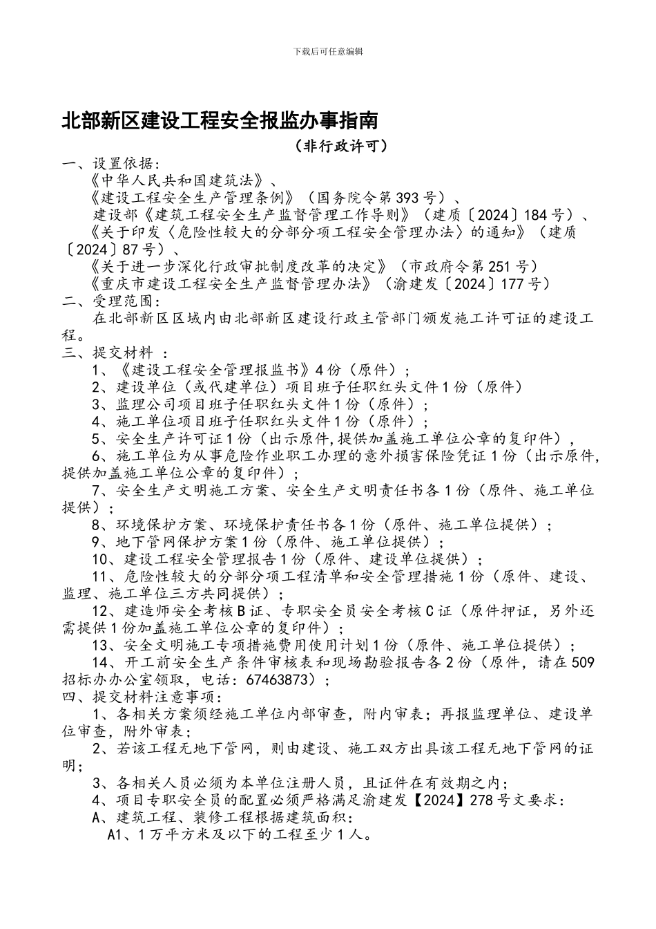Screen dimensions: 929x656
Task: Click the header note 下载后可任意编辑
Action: pos(328,52)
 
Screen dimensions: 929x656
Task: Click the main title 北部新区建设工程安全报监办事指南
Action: pos(220,121)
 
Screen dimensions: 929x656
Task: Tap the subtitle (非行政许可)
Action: pos(338,146)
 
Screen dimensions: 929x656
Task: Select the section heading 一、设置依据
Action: pos(110,164)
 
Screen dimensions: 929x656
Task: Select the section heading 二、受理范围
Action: pos(110,301)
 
